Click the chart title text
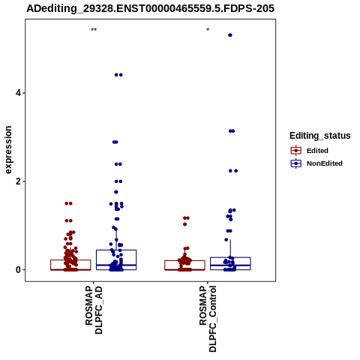151,8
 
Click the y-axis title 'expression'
8,150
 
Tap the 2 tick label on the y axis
17,181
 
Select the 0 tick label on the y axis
17,270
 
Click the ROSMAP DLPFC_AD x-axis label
94,310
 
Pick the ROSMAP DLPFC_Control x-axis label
208,319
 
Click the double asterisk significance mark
94,30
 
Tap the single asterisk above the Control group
208,30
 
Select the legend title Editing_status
320,136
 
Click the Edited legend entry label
317,151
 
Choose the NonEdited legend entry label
325,163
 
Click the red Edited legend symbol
296,151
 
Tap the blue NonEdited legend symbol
296,163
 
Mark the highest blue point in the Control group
230,35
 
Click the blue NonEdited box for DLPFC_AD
116,250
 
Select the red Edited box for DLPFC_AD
70,260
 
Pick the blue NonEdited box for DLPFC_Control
230,257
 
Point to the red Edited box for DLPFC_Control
184,261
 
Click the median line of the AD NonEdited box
116,265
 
